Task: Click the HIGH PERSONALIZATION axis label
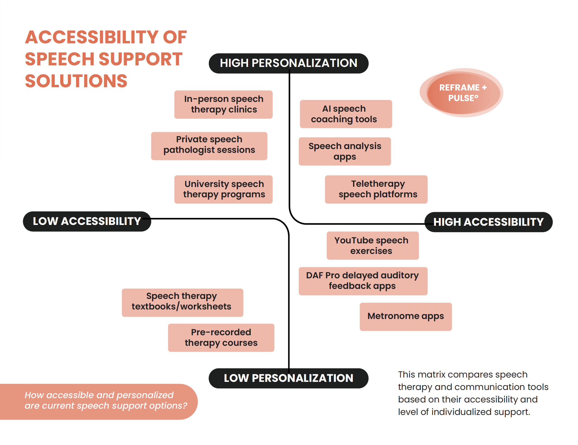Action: [288, 63]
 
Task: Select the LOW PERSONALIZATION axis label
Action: [288, 378]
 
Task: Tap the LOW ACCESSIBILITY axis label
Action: [87, 221]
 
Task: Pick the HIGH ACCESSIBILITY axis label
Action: [488, 222]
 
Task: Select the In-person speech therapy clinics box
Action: [223, 104]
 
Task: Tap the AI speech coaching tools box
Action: [346, 114]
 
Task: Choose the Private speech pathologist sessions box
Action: [209, 146]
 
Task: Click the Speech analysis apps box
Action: [345, 151]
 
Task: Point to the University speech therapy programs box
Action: [223, 189]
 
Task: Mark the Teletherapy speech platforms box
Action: [376, 189]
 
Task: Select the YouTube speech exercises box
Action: [373, 246]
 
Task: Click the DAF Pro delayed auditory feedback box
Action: [363, 281]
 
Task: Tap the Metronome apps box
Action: [406, 317]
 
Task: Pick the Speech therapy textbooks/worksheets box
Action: [182, 302]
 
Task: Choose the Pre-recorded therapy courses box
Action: [221, 337]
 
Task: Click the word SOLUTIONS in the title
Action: [76, 81]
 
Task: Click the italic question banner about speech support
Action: [99, 402]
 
